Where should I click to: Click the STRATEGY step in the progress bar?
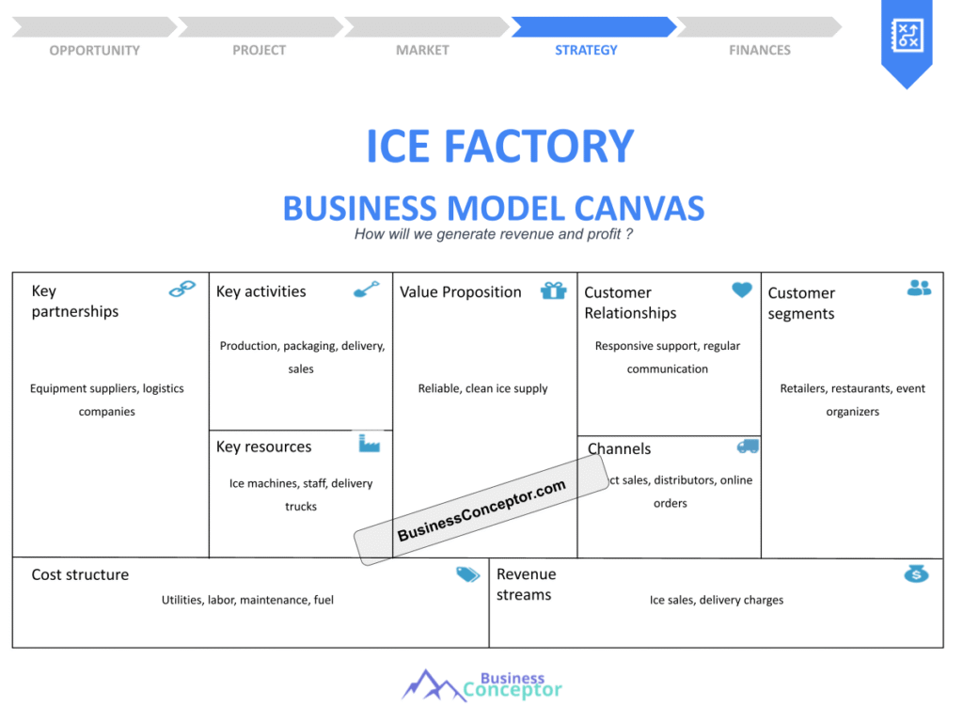point(586,50)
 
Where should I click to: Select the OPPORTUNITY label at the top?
point(94,50)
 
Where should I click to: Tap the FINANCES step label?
point(760,50)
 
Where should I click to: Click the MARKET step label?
point(422,50)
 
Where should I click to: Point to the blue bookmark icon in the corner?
point(906,39)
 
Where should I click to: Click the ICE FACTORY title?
point(499,146)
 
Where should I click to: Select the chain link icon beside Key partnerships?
point(182,290)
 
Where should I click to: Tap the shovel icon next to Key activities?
point(366,290)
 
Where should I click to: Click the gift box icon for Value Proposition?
point(553,290)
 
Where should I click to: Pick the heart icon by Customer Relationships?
point(742,290)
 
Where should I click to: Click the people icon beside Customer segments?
point(919,288)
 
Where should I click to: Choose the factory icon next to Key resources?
point(369,443)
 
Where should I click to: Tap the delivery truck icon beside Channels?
point(748,447)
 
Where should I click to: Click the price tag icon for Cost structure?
point(467,574)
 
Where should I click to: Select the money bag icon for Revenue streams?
point(916,573)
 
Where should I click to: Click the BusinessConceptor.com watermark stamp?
point(481,510)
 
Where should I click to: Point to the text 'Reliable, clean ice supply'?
point(482,388)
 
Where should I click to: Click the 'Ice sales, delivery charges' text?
point(716,600)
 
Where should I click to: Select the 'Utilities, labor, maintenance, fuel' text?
point(247,600)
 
